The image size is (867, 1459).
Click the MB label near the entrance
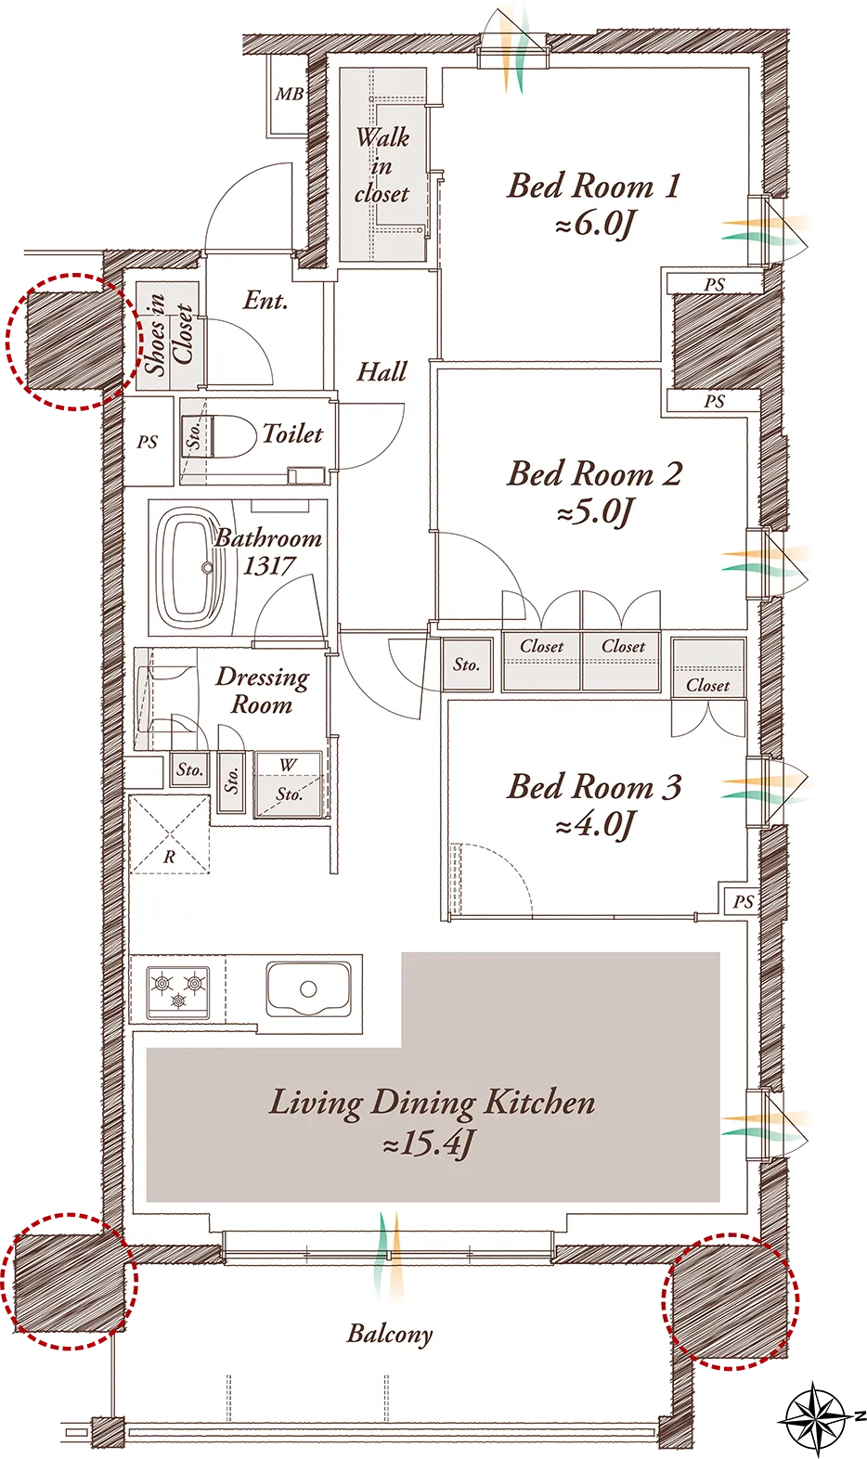290,95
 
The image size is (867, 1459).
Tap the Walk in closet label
382,165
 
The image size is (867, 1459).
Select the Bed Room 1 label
594,187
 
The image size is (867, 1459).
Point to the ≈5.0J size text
595,512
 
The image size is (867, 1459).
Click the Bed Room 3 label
594,787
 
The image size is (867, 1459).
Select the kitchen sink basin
308,988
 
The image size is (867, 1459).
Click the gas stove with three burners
178,992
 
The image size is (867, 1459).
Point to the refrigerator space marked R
169,834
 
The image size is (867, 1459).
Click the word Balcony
390,1333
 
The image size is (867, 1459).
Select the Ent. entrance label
265,301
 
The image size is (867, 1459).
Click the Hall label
382,371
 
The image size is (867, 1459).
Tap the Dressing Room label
263,691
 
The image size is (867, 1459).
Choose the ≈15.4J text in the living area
429,1143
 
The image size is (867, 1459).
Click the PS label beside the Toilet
148,443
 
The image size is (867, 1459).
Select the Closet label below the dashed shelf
707,685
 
